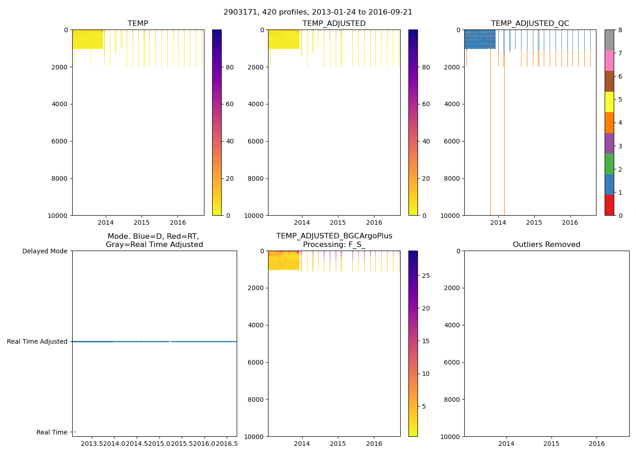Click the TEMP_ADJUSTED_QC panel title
tap(530, 24)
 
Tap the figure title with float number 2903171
tap(318, 12)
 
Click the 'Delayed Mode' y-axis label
tap(45, 251)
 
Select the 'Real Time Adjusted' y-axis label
tap(37, 341)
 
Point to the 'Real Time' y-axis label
tap(52, 432)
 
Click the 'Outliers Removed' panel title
tap(547, 245)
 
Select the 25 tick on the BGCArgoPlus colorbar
tap(426, 276)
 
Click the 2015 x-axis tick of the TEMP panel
tap(142, 222)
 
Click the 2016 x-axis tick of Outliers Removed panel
tap(596, 444)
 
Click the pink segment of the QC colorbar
tap(609, 60)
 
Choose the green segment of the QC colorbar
tap(609, 164)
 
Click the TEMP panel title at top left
tap(138, 24)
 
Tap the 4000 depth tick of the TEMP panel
tap(60, 104)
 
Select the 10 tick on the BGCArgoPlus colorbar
tap(426, 374)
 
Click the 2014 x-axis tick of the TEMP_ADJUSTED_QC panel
tap(498, 222)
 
